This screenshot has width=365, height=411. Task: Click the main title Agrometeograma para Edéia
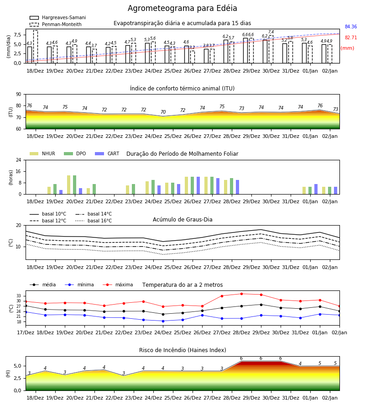pos(182,8)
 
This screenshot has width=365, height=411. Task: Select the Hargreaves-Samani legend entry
pos(57,17)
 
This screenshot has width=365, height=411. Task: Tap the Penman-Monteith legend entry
pos(56,24)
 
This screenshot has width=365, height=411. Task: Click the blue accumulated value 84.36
pos(351,27)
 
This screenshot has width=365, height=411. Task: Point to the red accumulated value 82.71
pos(351,38)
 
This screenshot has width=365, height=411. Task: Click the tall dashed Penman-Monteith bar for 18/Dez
pos(36,47)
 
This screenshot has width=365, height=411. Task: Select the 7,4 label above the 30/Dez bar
pos(271,32)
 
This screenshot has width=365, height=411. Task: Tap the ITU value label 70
pos(163,112)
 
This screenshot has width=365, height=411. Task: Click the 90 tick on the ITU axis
pos(18,95)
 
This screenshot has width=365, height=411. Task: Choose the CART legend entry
pos(107,153)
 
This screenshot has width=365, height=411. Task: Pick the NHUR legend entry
pos(42,153)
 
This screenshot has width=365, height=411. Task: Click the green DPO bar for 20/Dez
pos(75,185)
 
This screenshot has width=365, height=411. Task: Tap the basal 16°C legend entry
pos(94,221)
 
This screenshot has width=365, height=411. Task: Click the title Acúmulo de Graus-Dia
pos(182,220)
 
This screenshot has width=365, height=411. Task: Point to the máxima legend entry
pos(118,285)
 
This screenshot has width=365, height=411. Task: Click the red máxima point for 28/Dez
pos(241,294)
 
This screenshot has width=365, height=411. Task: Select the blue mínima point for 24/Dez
pos(163,321)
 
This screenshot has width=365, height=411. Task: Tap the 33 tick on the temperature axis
pos(19,296)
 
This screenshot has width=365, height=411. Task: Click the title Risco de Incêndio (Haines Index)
pos(182,350)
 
